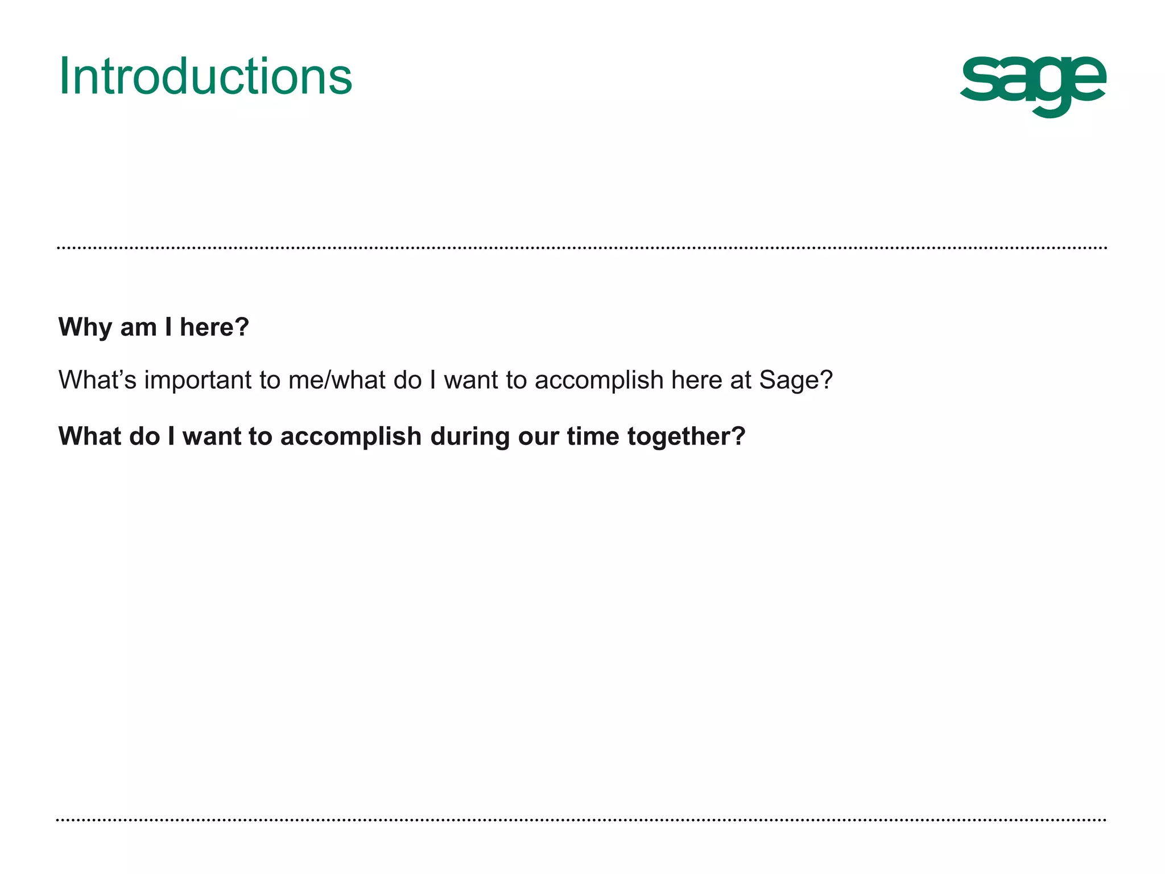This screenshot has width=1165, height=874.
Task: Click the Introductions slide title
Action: pyautogui.click(x=205, y=76)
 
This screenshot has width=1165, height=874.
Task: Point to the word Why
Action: pyautogui.click(x=85, y=327)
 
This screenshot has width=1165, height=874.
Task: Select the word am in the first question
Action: pyautogui.click(x=138, y=327)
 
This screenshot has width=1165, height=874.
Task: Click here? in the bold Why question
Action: pyautogui.click(x=214, y=327)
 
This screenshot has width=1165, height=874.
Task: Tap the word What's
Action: pyautogui.click(x=97, y=380)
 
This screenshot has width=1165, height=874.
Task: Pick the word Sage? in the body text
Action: pyautogui.click(x=796, y=380)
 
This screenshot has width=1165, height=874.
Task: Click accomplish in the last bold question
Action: pyautogui.click(x=350, y=436)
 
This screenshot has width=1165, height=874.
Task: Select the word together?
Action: pyautogui.click(x=686, y=436)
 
